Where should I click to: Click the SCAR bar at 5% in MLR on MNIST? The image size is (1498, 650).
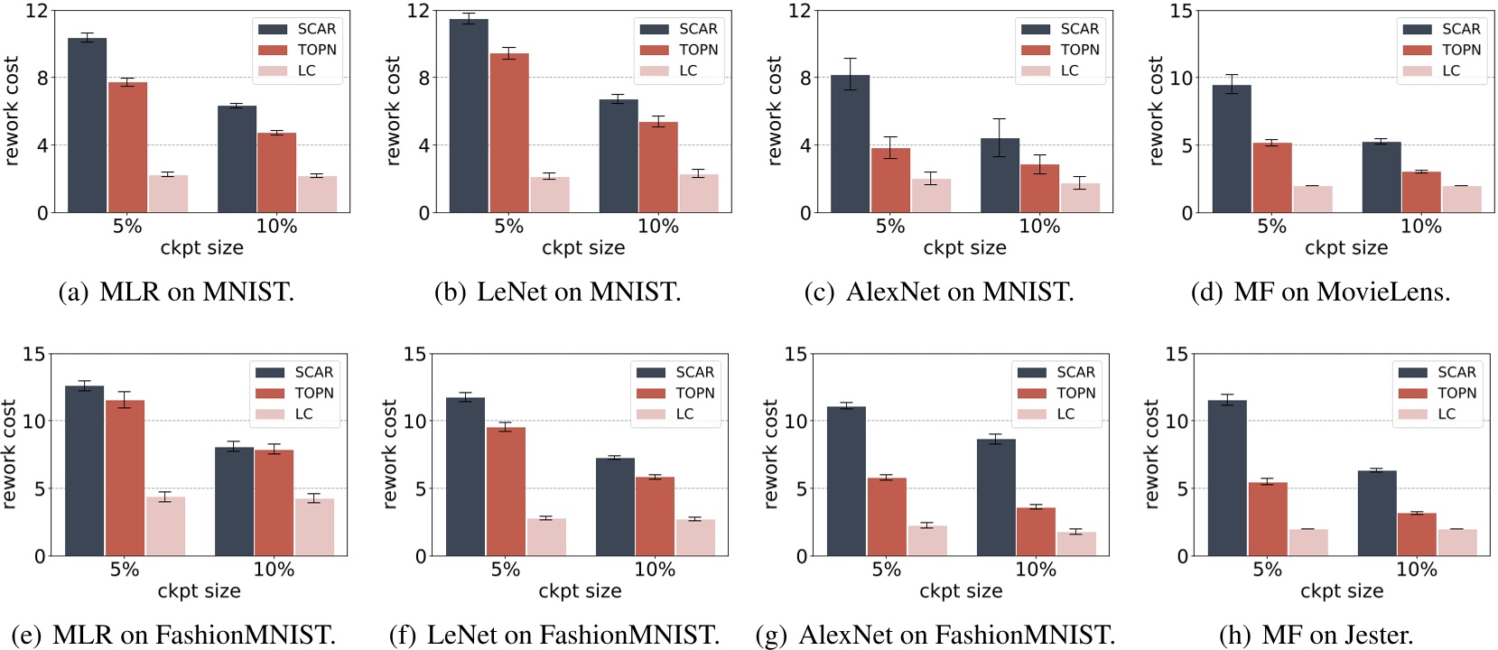pos(87,125)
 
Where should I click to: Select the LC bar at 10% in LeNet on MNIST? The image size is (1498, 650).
pos(698,193)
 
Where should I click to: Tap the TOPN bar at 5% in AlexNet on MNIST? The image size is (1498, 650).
pos(890,181)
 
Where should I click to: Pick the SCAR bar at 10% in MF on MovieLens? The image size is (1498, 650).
pos(1382,177)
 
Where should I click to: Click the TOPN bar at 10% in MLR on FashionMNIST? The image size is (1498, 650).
pos(274,503)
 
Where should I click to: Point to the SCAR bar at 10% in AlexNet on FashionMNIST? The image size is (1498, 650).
pos(996,497)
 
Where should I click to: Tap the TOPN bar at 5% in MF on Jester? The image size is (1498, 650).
pos(1267,519)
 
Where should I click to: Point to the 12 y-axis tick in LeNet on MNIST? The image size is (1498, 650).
pos(418,11)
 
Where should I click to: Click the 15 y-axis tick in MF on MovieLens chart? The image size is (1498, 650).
pos(1181,11)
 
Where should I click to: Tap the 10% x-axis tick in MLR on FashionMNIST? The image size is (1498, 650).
pos(274,570)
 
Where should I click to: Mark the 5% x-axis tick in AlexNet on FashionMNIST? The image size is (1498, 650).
pos(886,570)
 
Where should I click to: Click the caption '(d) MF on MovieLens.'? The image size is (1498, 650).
pos(1320,292)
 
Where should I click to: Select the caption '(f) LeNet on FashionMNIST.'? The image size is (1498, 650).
pos(554,636)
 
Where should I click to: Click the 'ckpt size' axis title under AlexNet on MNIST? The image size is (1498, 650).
pos(964,247)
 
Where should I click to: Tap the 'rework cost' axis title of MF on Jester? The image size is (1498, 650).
pos(1151,454)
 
